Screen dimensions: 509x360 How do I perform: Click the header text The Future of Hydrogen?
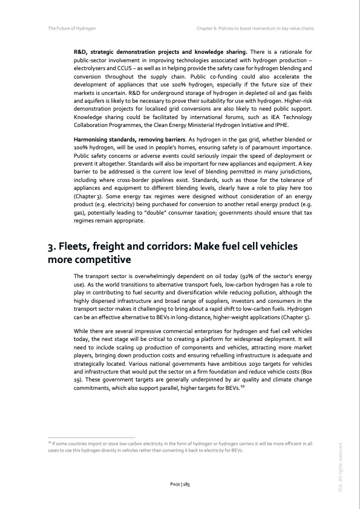71,28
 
